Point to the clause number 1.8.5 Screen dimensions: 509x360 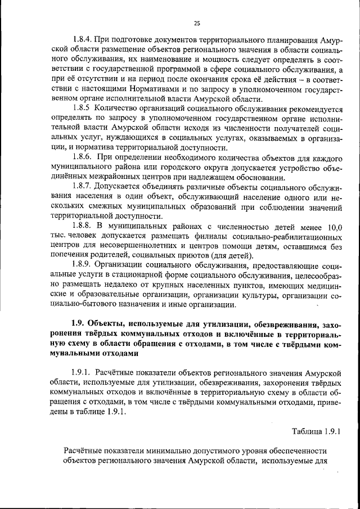[x=82, y=107]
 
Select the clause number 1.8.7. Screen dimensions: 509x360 [x=83, y=185]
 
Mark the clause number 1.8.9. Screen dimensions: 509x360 [x=83, y=263]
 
